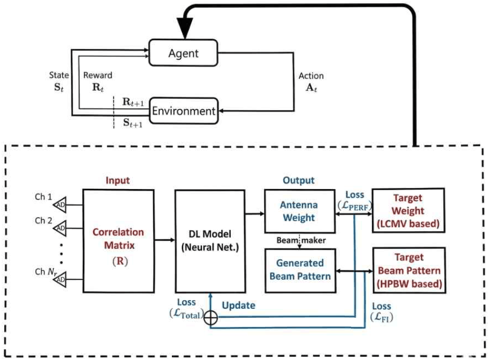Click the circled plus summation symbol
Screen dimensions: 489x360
[211, 318]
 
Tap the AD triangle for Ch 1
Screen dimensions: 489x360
[60, 205]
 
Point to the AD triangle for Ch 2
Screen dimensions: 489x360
[60, 228]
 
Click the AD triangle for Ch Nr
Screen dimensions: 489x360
[60, 280]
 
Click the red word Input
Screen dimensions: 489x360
[118, 180]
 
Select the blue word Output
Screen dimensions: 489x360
[298, 180]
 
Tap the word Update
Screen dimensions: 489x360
[239, 305]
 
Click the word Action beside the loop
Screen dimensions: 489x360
[311, 76]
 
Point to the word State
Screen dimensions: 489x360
[59, 75]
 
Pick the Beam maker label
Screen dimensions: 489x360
[301, 240]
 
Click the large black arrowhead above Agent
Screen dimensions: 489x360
[185, 28]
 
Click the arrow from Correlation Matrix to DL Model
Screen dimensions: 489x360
[165, 240]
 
